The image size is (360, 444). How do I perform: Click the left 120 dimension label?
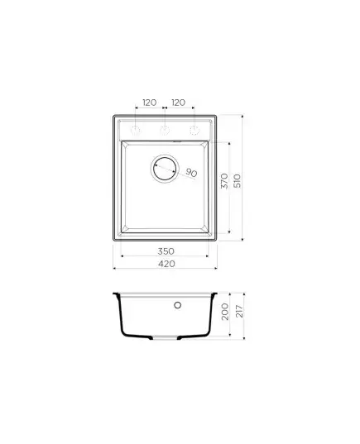pyautogui.click(x=150, y=103)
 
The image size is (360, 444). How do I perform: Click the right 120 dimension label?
pyautogui.click(x=178, y=103)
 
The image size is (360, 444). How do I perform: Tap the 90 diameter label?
pyautogui.click(x=191, y=173)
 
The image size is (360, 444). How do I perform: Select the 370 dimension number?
pyautogui.click(x=224, y=181)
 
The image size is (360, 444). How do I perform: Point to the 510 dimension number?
pyautogui.click(x=238, y=181)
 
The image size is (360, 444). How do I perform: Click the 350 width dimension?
pyautogui.click(x=166, y=251)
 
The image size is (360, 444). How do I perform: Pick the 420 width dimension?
pyautogui.click(x=166, y=264)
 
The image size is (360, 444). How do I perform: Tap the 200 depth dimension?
pyautogui.click(x=225, y=312)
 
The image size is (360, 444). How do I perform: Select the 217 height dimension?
pyautogui.click(x=239, y=311)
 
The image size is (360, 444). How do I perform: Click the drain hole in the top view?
pyautogui.click(x=165, y=169)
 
